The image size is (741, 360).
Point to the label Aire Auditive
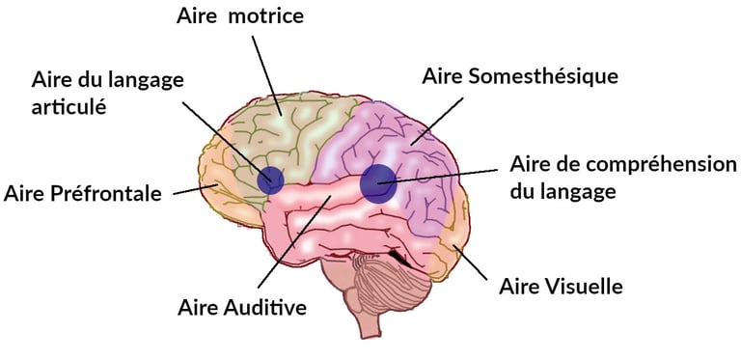pyautogui.click(x=242, y=308)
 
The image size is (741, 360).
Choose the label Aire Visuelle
pyautogui.click(x=561, y=287)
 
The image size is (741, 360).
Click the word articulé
pyautogui.click(x=68, y=104)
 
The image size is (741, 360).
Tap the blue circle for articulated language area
pyautogui.click(x=270, y=180)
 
